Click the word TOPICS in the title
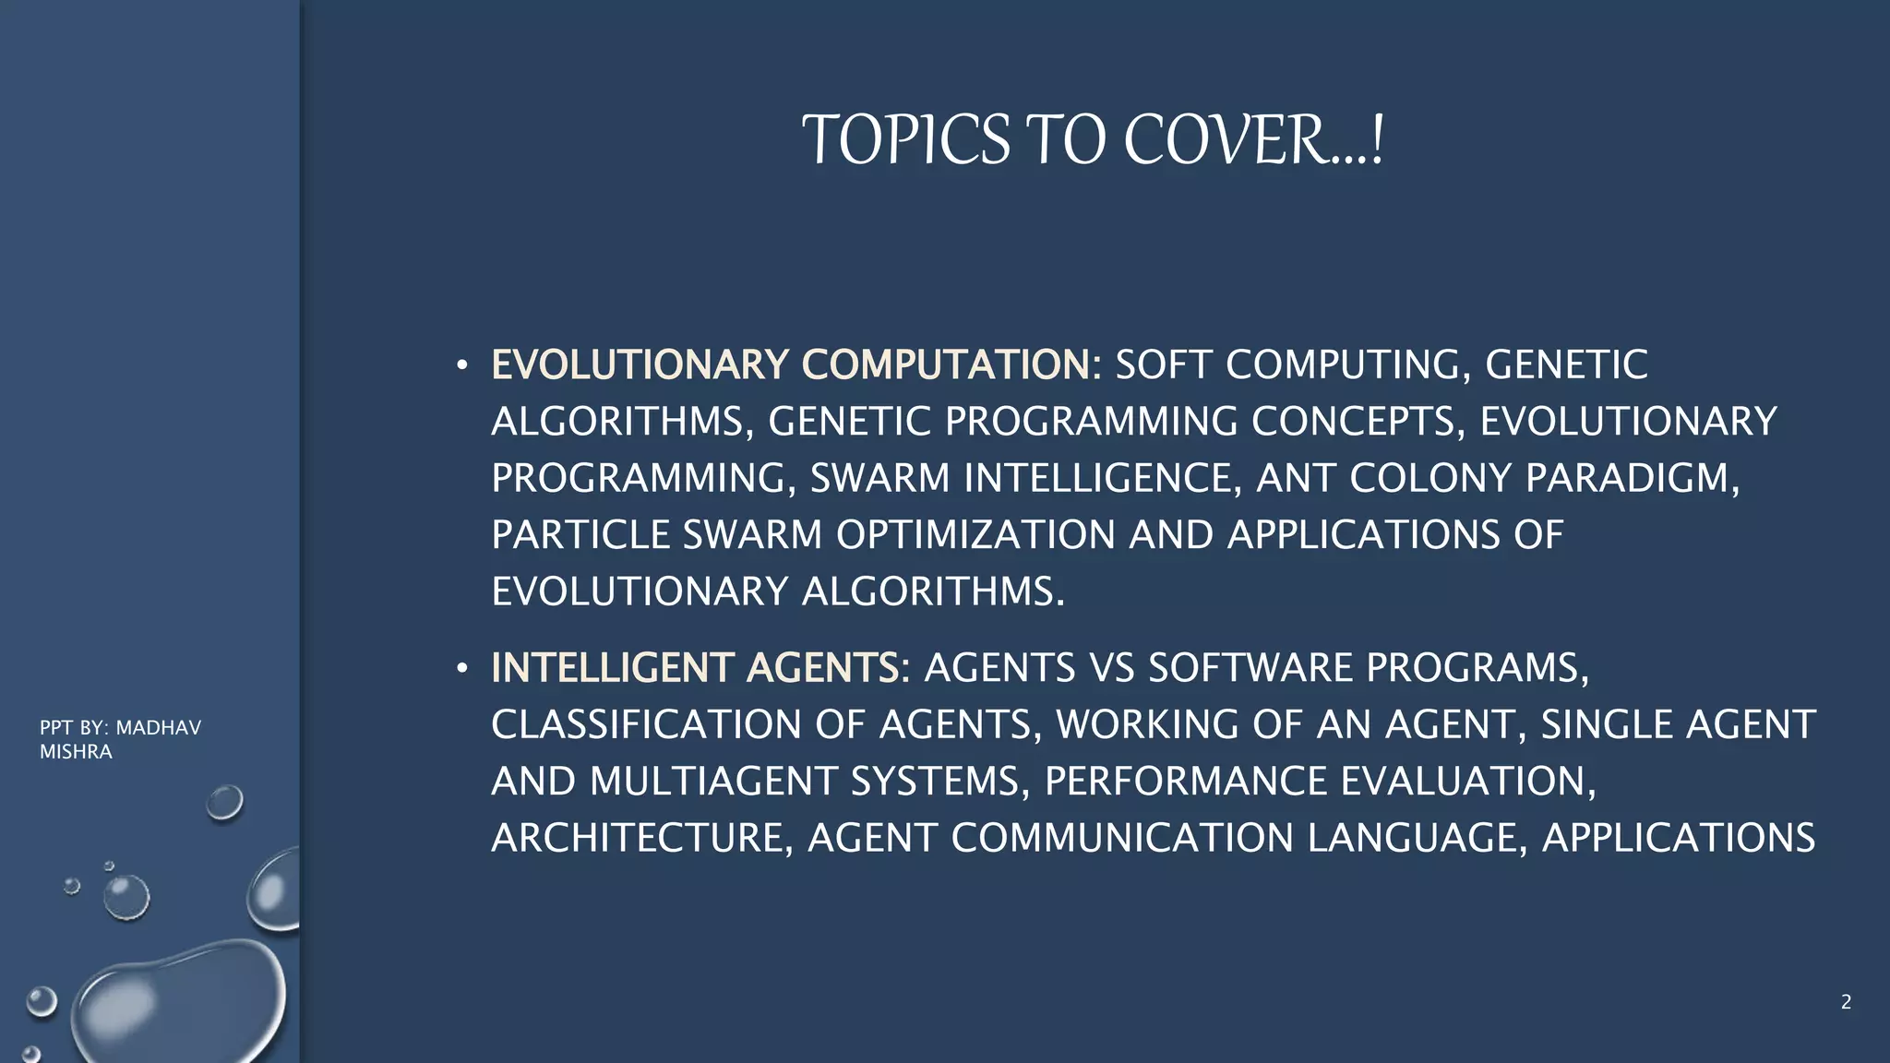tap(905, 140)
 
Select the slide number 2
tap(1846, 1002)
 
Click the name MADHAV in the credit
tap(158, 728)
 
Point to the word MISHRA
tap(76, 752)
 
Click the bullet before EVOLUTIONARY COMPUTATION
tap(461, 365)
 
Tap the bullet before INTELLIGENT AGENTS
tap(461, 668)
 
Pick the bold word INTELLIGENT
tap(612, 668)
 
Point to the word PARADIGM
tap(1632, 478)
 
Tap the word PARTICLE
tap(580, 535)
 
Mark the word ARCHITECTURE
tap(641, 838)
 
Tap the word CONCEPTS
tap(1352, 422)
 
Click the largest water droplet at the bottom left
tap(180, 1001)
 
